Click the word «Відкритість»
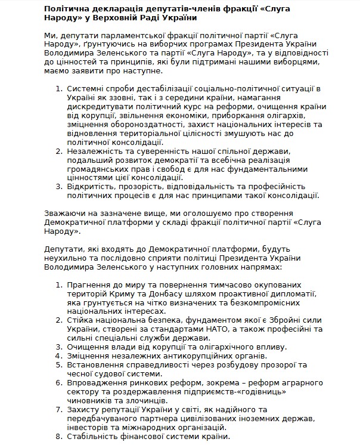(91, 187)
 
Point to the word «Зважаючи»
(63, 214)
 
